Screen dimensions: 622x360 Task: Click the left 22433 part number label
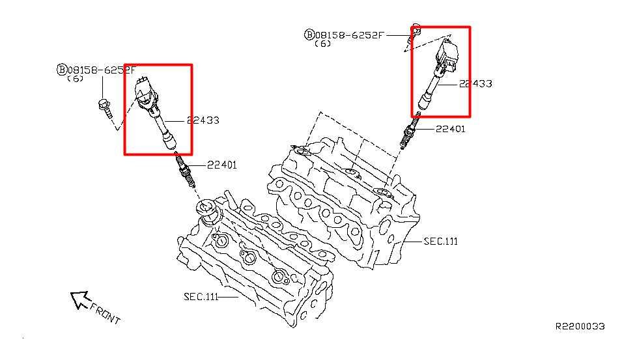coord(203,120)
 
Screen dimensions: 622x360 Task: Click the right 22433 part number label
coord(475,84)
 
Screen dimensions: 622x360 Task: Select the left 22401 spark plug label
coord(221,165)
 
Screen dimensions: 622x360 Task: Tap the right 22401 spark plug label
coord(450,129)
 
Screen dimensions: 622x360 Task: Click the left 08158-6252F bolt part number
coord(102,70)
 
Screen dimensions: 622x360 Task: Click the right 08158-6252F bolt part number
coord(350,35)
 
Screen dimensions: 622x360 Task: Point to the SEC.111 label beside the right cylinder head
coord(440,242)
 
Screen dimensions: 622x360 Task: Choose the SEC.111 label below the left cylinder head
coord(201,297)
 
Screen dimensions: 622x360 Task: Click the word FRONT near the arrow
coord(105,313)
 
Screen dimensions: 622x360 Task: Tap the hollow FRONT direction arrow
coord(80,299)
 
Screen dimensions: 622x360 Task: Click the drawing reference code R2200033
coord(580,326)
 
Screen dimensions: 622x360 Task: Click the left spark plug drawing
coord(185,171)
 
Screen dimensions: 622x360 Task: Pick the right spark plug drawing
coord(409,132)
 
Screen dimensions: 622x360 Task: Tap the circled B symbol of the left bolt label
coord(62,70)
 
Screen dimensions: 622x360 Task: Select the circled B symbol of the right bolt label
coord(309,35)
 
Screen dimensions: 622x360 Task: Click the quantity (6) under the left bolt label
coord(75,79)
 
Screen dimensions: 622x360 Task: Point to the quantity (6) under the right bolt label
coord(322,44)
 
